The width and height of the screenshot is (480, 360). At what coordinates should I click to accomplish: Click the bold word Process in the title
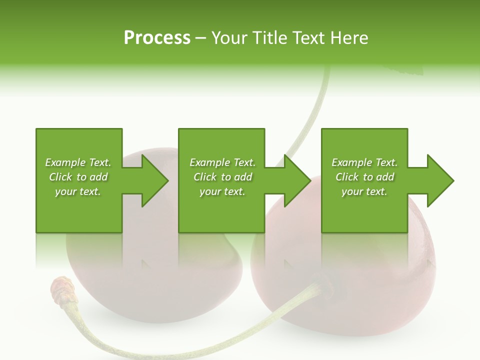click(157, 37)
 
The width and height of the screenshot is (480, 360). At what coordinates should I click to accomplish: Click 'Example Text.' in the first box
click(78, 162)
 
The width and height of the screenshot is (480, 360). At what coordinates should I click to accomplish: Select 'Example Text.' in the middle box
click(222, 162)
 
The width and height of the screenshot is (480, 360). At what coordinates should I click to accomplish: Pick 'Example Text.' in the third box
click(364, 162)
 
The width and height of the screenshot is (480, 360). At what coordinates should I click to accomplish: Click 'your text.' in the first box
click(78, 191)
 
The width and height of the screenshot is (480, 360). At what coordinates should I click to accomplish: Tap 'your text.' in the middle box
click(222, 191)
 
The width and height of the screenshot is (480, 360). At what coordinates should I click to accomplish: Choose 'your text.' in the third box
click(364, 191)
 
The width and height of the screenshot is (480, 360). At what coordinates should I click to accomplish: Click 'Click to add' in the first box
click(78, 177)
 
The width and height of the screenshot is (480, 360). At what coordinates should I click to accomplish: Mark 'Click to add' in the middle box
click(222, 177)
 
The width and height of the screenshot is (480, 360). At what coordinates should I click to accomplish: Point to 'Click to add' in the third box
click(364, 177)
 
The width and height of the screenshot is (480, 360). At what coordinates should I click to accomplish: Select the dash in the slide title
click(201, 38)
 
